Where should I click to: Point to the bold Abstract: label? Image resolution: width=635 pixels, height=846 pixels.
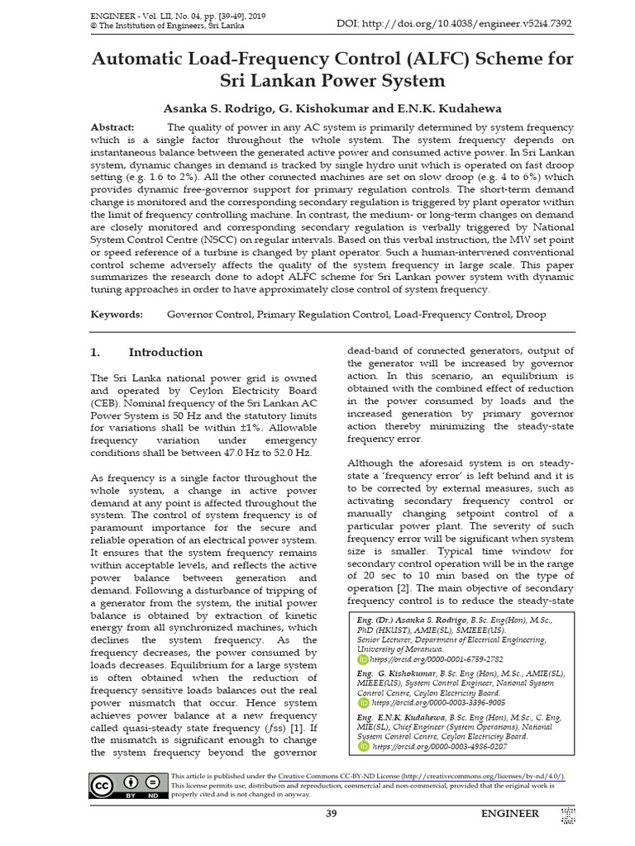112,127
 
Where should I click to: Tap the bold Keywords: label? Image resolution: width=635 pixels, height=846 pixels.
116,315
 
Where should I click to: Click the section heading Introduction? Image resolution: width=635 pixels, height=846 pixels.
165,352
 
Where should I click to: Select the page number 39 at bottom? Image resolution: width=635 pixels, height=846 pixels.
332,814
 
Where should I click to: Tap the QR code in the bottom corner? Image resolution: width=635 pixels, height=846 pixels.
567,815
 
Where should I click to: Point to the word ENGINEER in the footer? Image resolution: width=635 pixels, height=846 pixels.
510,814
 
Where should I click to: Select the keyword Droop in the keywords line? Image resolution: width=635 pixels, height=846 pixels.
529,315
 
